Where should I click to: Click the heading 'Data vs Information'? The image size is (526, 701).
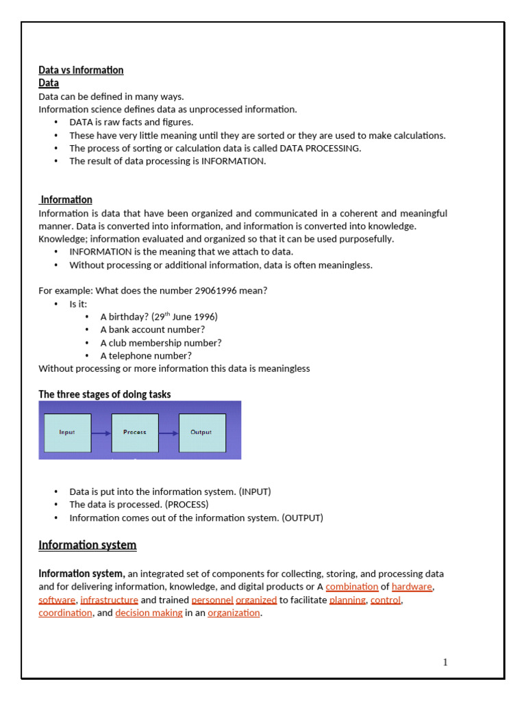[x=81, y=70]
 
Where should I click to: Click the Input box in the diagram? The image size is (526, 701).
[x=67, y=433]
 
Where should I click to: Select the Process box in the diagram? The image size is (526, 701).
[x=135, y=433]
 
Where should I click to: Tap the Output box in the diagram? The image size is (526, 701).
[x=202, y=433]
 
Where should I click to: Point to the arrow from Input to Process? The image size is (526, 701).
[x=101, y=433]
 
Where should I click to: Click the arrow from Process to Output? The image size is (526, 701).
[x=168, y=433]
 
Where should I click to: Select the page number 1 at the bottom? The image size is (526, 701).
[x=445, y=662]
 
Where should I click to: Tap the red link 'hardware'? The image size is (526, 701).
[x=412, y=587]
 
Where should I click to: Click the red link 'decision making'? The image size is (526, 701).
[x=149, y=613]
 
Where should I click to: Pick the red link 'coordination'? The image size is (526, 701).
[x=65, y=613]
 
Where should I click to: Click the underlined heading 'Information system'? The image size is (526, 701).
[x=87, y=545]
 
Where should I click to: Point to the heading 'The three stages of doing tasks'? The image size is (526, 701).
[x=104, y=394]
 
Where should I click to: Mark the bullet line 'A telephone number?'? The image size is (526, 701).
[x=146, y=355]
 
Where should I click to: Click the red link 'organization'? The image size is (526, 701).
[x=234, y=613]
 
